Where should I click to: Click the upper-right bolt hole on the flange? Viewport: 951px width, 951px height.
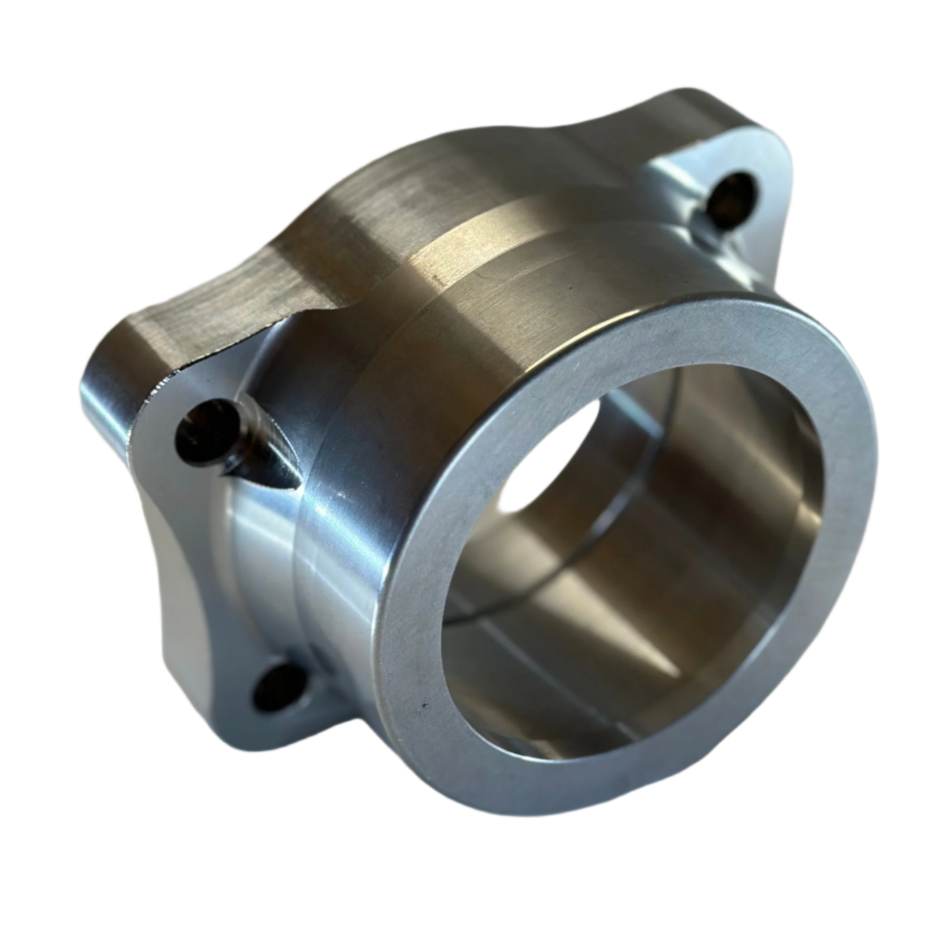pyautogui.click(x=736, y=191)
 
